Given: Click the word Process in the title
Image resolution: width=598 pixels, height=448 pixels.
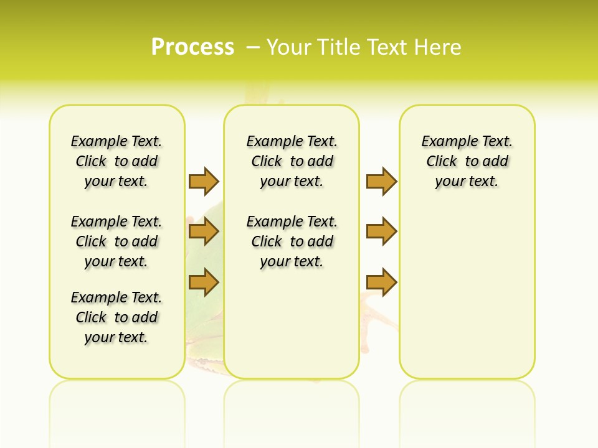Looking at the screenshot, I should (192, 47).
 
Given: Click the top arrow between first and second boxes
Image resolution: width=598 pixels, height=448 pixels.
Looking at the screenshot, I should (204, 181).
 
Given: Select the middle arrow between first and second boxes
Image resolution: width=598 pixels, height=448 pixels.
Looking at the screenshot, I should (204, 232).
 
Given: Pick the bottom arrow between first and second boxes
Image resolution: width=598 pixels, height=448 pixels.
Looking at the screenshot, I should (204, 282).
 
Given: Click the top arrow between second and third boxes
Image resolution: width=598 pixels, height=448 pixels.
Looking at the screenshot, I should (381, 181).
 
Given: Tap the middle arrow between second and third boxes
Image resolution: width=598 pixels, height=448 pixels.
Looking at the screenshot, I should (381, 232).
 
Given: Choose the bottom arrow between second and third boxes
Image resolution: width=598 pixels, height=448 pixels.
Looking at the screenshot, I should (381, 282).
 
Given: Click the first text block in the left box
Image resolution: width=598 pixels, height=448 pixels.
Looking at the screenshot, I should (116, 161).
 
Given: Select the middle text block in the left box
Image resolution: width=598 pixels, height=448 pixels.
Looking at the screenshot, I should (116, 241).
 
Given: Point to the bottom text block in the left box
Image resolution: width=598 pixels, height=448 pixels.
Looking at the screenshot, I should (116, 317).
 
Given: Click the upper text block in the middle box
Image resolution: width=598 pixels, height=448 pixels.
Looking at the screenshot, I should (292, 161).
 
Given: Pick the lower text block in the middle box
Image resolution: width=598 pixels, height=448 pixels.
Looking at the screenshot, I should (292, 241).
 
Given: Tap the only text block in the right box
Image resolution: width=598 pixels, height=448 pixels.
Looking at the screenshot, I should (467, 161).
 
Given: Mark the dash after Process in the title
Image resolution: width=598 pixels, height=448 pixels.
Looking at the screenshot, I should (254, 47).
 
